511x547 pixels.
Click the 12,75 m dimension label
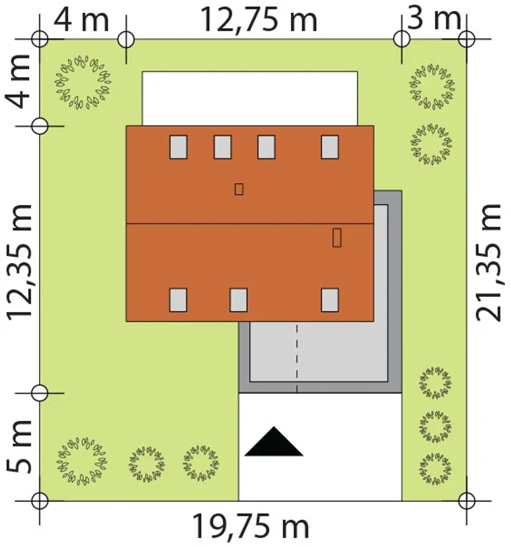tap(259, 20)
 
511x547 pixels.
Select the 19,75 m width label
tap(251, 527)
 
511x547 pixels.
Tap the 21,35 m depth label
tap(488, 263)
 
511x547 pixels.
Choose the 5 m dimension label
tap(19, 447)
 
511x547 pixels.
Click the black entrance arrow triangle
tap(274, 442)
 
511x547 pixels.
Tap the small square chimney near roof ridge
tap(239, 189)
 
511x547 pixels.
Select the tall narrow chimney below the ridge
tap(337, 238)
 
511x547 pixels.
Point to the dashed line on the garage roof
tap(297, 358)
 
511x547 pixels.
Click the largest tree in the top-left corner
tap(83, 82)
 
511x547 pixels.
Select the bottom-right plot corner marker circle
tap(467, 501)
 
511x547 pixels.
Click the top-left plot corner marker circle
tap(40, 39)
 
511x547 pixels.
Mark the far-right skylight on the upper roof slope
tap(330, 147)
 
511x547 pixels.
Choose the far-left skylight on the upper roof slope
tap(178, 147)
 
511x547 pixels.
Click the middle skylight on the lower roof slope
tap(238, 300)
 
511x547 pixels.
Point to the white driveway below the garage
tap(320, 447)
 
